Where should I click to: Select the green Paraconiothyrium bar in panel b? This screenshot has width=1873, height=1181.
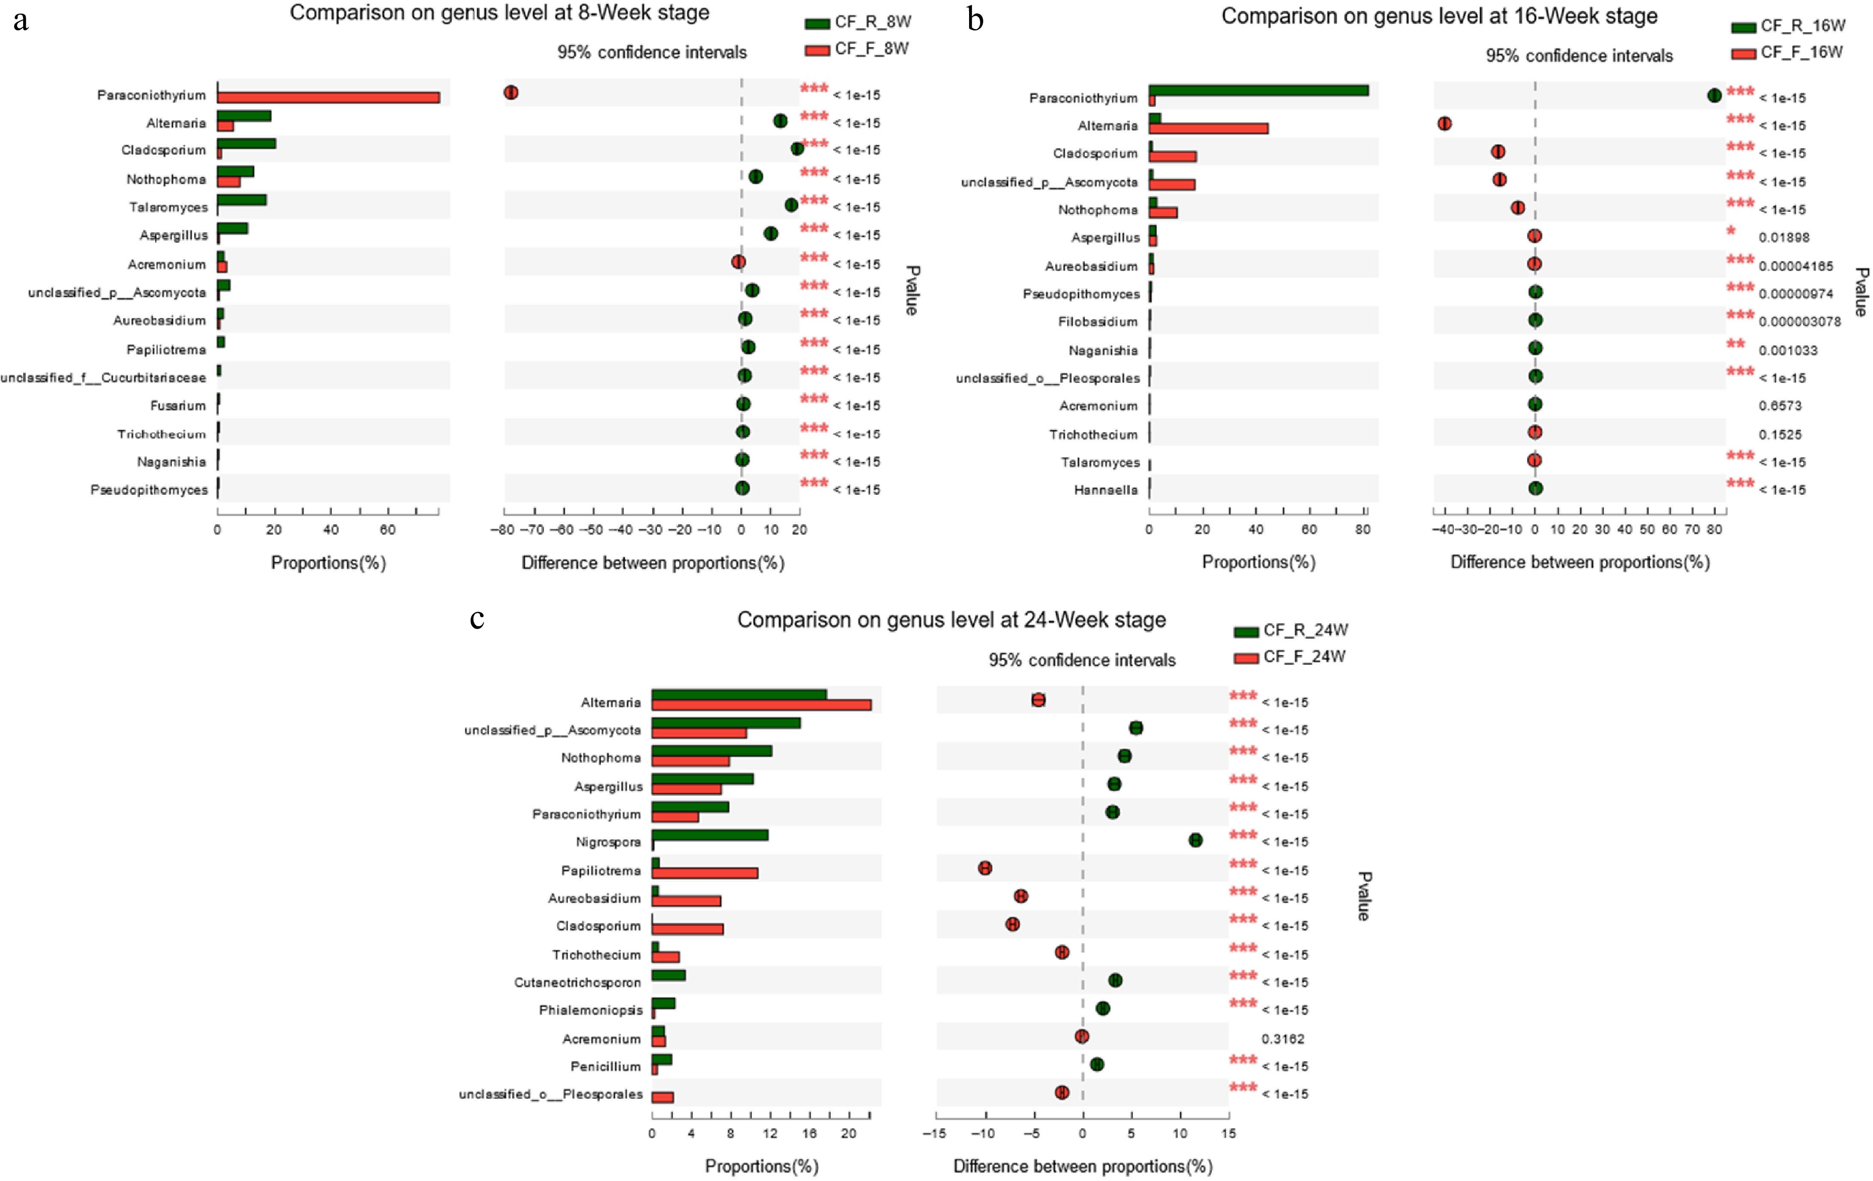click(1258, 90)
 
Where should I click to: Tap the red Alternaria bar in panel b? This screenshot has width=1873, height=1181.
click(1208, 128)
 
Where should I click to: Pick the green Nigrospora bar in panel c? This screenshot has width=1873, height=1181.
click(709, 835)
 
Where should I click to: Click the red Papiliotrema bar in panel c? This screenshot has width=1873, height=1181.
click(705, 873)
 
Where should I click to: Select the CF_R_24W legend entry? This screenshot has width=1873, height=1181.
click(1291, 630)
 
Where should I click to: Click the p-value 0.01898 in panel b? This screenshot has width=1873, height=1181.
click(1783, 237)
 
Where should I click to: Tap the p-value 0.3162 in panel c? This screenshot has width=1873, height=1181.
click(1283, 1039)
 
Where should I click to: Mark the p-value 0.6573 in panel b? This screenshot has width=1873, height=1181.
click(1780, 406)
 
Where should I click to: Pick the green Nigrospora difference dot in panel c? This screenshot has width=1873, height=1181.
click(1195, 840)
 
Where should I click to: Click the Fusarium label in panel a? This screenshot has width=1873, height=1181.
click(178, 406)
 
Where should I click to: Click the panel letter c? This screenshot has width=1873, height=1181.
click(477, 619)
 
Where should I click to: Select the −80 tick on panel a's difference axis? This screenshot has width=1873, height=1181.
click(502, 530)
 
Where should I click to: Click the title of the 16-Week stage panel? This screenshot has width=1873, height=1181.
click(1439, 16)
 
